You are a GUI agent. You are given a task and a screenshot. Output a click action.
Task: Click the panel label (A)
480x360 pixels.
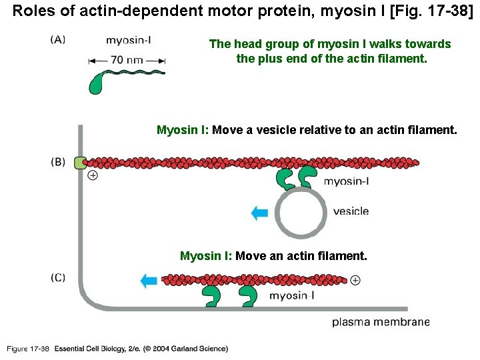tap(58, 39)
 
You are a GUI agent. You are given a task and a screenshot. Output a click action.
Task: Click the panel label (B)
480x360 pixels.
tap(58, 161)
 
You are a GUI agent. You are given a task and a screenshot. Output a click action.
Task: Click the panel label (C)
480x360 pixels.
tap(58, 277)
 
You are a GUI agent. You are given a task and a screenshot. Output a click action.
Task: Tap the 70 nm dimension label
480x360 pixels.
tap(126, 60)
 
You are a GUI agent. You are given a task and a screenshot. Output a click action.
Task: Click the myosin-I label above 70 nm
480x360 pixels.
tap(129, 40)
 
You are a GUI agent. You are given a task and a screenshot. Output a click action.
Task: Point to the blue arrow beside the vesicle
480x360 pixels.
tap(259, 213)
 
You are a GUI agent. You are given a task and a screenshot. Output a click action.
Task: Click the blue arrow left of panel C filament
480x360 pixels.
tap(149, 280)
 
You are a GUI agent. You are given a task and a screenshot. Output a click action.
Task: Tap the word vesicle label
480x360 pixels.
tap(350, 211)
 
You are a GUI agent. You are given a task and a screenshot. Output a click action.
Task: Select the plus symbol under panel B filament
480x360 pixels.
tap(93, 175)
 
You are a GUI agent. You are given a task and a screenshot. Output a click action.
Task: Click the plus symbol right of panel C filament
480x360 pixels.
tap(355, 280)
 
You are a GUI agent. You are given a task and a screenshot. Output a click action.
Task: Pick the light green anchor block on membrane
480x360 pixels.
tap(80, 162)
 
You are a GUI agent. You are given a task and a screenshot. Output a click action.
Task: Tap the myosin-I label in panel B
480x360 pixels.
tap(347, 181)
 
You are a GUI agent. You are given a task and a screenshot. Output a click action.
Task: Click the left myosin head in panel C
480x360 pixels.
tap(213, 296)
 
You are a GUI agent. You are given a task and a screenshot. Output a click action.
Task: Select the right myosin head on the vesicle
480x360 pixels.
tap(307, 177)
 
